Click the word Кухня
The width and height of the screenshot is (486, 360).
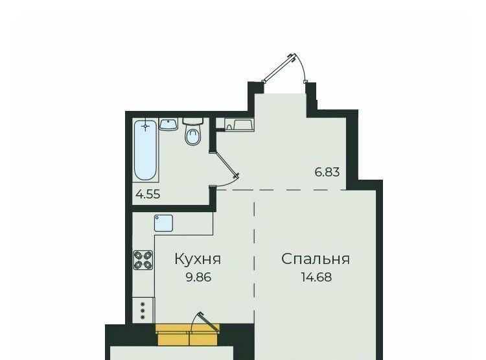pos(198,259)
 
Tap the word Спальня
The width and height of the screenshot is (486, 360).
pos(316,259)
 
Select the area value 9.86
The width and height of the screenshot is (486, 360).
pos(198,277)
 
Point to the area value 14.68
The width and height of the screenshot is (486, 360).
pos(316,277)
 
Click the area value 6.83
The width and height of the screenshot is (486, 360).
pos(327,172)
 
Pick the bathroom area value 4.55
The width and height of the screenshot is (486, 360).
pos(148,195)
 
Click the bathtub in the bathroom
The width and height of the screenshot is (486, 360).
pos(145,150)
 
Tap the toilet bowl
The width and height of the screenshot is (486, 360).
pos(193,136)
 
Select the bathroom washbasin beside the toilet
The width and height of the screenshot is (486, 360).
pos(168,124)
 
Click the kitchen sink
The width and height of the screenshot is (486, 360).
pos(163,223)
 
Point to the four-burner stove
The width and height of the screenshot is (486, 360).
pos(143,259)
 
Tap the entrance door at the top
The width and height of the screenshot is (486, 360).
pos(279,68)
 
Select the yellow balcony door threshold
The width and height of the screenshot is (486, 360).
pos(188,334)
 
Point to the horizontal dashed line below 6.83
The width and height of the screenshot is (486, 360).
pos(281,189)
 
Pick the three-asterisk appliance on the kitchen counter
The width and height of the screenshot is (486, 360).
pos(143,310)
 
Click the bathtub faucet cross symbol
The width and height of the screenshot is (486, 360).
pos(145,126)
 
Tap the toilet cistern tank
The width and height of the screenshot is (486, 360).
pos(193,121)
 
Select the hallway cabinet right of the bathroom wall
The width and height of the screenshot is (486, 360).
pos(238,125)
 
